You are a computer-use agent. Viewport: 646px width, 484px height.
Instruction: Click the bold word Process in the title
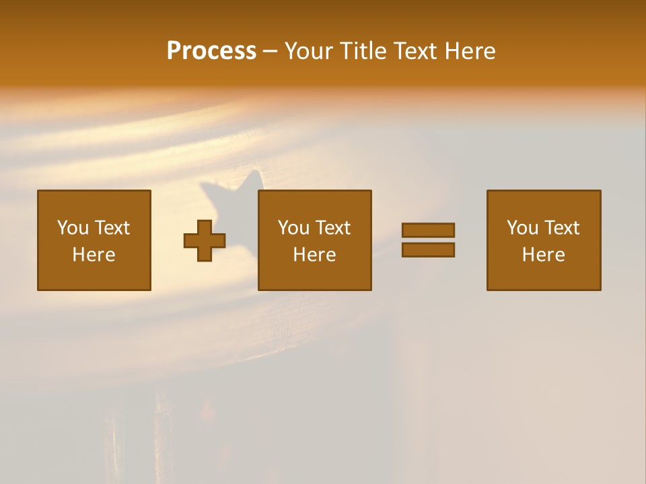pos(211,51)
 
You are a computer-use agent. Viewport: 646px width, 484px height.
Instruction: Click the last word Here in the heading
pos(470,51)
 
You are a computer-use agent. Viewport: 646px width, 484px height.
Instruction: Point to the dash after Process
pos(271,51)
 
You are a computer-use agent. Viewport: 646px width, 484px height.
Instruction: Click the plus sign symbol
pos(205,241)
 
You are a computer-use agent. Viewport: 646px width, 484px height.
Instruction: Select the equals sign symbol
pos(428,240)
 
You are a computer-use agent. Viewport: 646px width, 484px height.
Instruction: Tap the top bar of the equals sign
pos(428,231)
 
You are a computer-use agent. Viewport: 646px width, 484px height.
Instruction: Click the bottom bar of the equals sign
pos(428,249)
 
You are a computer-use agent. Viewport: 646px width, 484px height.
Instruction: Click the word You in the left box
pos(73,228)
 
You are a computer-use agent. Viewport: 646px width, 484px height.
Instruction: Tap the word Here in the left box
pos(94,255)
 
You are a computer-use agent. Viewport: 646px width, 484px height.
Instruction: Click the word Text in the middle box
pos(332,228)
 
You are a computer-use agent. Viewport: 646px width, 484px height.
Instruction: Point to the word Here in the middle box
pos(315,255)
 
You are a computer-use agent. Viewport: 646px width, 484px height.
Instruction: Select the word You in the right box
pos(523,228)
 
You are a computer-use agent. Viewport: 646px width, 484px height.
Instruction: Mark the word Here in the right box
pos(544,255)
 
